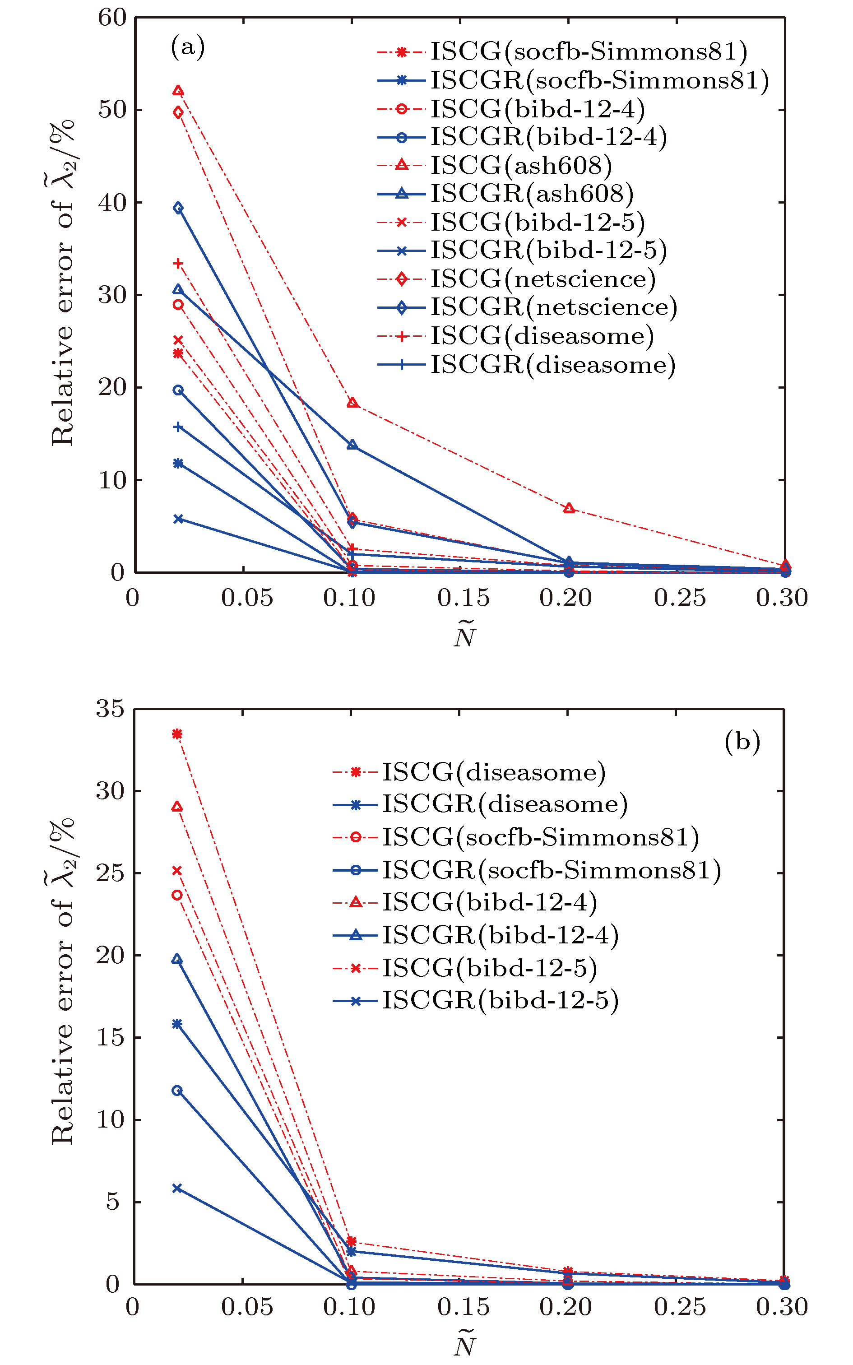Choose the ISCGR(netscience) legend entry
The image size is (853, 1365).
[553, 307]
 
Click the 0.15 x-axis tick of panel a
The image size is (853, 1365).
[463, 599]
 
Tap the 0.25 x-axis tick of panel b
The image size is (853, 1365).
[679, 1307]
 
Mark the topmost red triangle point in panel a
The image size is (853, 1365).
[178, 91]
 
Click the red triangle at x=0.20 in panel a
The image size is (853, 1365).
[569, 508]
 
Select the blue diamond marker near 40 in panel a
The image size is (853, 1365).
[178, 208]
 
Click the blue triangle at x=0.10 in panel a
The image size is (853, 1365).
[352, 445]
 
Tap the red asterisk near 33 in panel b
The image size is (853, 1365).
[177, 734]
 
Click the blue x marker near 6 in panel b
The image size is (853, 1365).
[177, 1188]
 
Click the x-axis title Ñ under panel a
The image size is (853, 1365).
[465, 635]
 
